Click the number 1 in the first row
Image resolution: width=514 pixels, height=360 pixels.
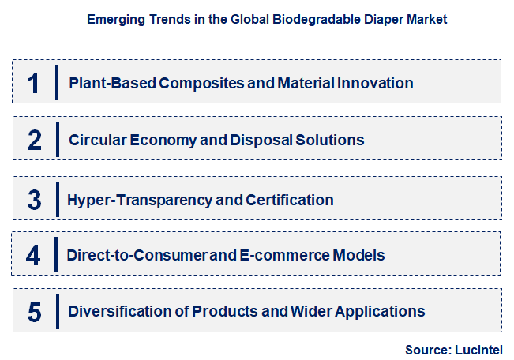pos(33,83)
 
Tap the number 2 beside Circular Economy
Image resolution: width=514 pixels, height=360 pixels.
pos(34,141)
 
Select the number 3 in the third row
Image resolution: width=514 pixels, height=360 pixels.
pos(34,199)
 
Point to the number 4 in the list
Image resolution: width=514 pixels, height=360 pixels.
pos(33,255)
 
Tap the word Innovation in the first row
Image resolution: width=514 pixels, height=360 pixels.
pos(375,83)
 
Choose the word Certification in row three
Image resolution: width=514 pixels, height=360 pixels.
pos(290,200)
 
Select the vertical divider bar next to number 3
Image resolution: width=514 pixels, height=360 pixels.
pos(57,199)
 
